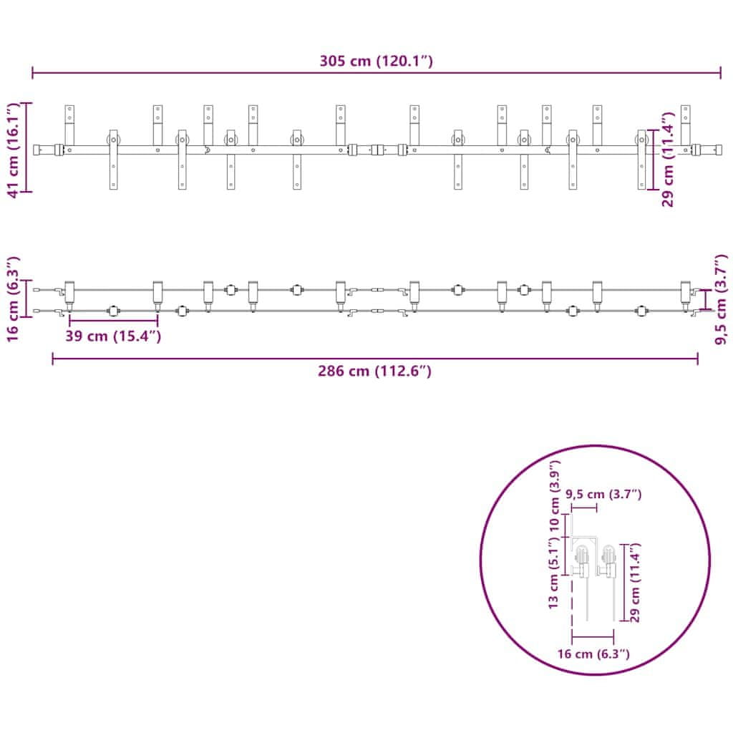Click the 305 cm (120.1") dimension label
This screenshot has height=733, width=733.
[376, 61]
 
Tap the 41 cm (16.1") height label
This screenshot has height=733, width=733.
[13, 150]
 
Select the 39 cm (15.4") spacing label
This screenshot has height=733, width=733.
[113, 336]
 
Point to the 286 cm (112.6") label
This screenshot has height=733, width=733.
[374, 371]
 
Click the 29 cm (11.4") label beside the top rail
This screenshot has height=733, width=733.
[668, 159]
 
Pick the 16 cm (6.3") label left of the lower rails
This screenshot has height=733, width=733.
[13, 299]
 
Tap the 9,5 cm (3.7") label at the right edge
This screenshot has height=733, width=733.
[722, 299]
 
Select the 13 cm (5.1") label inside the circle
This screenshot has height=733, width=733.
[554, 573]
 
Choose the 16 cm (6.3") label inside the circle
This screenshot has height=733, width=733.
[593, 654]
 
